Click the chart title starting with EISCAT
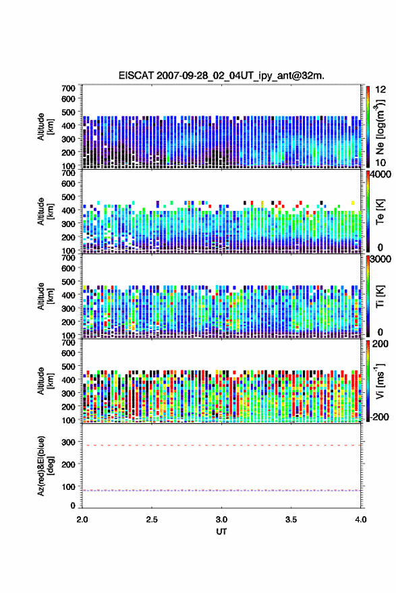point(221,75)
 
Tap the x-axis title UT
point(221,532)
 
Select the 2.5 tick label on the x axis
point(152,520)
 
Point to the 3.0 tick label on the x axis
point(221,520)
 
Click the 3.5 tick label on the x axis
point(291,520)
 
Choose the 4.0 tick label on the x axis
point(361,520)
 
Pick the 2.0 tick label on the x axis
point(82,520)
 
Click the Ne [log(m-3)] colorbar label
point(380,127)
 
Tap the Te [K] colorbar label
point(380,212)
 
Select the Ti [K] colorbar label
point(380,296)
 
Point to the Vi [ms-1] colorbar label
point(380,381)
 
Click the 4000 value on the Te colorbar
point(381,175)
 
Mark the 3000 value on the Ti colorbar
point(381,259)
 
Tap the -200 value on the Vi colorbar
point(380,416)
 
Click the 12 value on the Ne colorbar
point(381,90)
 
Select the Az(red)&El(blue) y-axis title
point(45,466)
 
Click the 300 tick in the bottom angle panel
point(68,442)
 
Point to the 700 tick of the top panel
point(68,88)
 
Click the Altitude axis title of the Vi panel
point(45,381)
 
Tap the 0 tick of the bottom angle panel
point(73,505)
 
